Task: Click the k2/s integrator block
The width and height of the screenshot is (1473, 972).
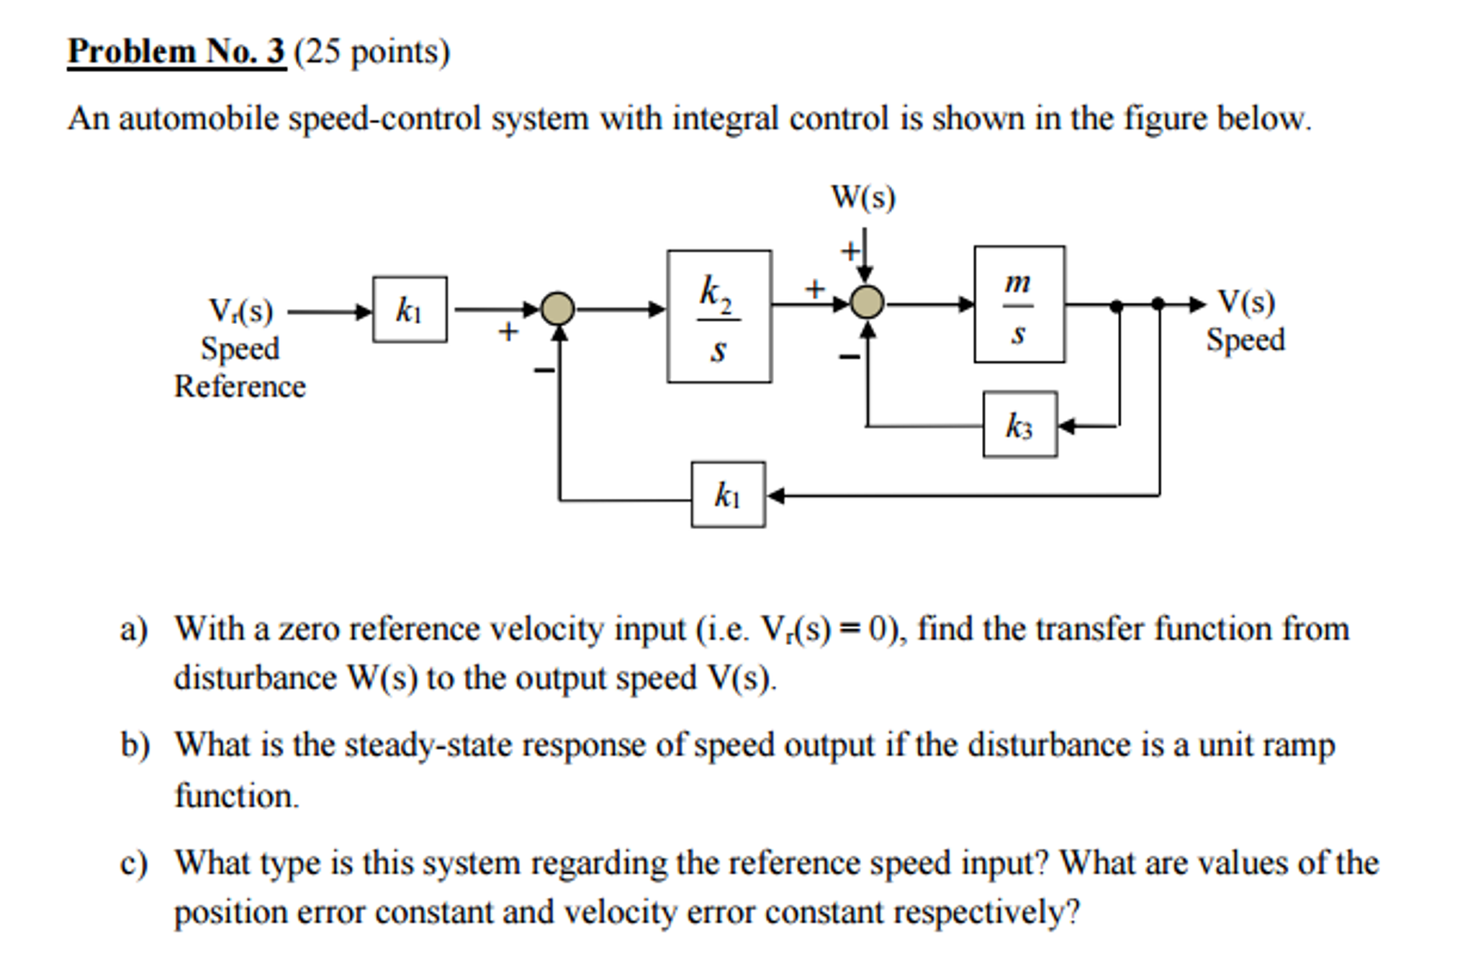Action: [x=719, y=316]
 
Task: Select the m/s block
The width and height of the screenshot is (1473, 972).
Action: [x=1019, y=304]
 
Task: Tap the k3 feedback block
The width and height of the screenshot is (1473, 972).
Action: [x=1019, y=425]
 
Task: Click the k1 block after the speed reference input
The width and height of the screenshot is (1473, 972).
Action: [x=409, y=310]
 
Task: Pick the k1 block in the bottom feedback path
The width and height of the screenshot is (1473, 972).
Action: [x=727, y=495]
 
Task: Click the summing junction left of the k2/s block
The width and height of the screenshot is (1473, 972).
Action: [x=557, y=310]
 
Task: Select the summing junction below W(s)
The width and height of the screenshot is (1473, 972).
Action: [x=867, y=302]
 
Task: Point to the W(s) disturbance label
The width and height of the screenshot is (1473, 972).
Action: [x=862, y=197]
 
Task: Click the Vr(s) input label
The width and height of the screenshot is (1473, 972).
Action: [x=240, y=311]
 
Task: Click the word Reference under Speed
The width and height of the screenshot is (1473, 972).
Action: [x=240, y=387]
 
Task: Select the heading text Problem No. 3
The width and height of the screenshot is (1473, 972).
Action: [x=176, y=52]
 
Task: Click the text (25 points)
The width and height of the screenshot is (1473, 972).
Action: [x=371, y=52]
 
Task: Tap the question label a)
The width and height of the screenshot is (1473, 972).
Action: [x=134, y=629]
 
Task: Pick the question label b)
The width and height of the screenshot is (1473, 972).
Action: [x=135, y=745]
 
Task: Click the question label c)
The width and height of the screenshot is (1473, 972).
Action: [x=134, y=863]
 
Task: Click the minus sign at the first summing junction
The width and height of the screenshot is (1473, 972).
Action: [x=544, y=370]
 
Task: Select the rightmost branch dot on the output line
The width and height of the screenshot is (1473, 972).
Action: [x=1158, y=304]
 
